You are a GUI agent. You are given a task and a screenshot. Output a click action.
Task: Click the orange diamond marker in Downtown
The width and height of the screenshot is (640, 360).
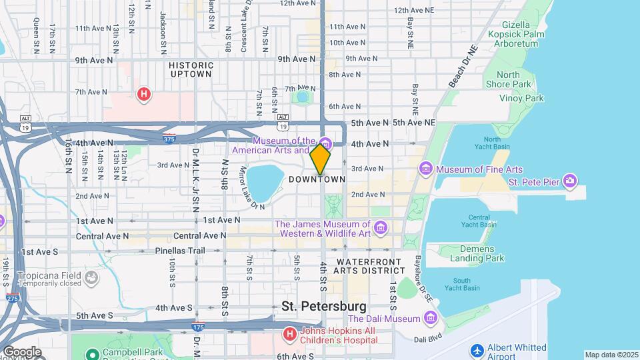[x=320, y=159]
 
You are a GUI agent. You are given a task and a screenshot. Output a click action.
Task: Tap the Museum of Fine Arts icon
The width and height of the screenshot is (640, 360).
[x=426, y=170]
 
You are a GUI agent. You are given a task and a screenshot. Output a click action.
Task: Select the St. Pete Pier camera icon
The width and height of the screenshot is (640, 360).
[x=569, y=181]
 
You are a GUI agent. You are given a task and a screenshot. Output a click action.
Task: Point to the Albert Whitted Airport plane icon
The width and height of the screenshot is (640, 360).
[x=476, y=351]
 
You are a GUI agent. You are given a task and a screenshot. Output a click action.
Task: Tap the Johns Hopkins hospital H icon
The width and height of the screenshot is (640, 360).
[x=289, y=333]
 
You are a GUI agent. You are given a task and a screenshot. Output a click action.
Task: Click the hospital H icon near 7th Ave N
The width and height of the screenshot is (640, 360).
[x=143, y=95]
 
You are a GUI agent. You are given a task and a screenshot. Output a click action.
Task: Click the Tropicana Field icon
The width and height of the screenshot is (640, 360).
[x=91, y=277]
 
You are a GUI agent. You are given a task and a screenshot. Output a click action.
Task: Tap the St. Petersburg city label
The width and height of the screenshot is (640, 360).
[x=323, y=306]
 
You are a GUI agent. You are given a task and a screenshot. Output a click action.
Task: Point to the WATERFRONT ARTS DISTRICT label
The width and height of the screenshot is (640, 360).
[x=370, y=266]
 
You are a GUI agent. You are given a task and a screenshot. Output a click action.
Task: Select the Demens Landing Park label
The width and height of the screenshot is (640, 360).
[x=477, y=253]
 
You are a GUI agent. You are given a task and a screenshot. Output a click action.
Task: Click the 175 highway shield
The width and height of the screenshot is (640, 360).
[x=197, y=327]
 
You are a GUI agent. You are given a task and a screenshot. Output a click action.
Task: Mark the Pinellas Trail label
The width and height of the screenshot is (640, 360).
[x=178, y=251]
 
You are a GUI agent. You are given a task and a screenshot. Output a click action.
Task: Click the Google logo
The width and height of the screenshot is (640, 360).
[x=21, y=351]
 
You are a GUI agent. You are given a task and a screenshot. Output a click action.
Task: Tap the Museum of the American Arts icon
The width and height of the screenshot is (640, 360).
[x=325, y=143]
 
